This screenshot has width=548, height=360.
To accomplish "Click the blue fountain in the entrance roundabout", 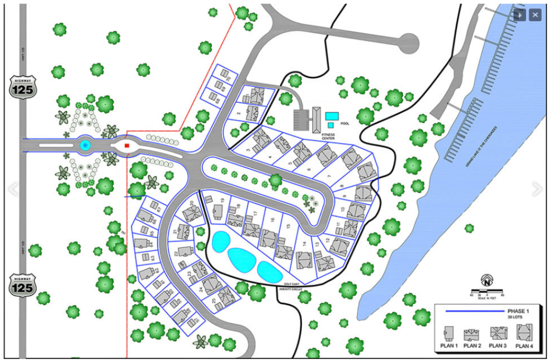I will tap(85, 145).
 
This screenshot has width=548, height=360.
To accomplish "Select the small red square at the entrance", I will tap(127, 145).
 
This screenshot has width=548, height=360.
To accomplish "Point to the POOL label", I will tap(345, 123).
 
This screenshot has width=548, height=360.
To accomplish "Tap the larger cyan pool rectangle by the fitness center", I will tap(332, 116).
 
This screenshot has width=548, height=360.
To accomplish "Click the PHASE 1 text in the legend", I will tap(518, 311).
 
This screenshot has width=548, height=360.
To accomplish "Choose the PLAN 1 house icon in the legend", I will tap(448, 333).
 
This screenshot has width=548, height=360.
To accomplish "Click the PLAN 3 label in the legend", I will tap(498, 347).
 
